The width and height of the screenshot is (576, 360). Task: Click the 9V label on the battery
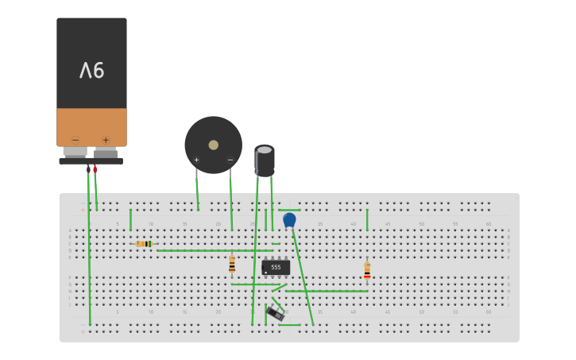91,71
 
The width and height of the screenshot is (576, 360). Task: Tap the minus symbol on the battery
75,140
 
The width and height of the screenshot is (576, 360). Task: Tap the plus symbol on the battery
106,140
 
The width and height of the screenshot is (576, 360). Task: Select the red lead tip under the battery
95,168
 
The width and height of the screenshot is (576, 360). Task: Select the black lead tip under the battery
88,168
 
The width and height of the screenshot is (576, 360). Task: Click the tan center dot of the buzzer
213,145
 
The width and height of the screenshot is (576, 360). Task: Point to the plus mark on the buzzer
196,160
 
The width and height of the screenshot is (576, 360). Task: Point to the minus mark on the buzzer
230,160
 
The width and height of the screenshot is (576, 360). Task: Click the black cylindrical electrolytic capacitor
265,160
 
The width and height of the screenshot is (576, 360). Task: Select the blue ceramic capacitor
289,219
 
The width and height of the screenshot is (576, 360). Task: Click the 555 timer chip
276,267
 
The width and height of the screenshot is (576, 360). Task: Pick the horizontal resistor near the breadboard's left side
144,244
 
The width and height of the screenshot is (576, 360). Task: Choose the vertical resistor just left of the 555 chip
232,264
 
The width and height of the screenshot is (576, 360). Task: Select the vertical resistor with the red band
367,270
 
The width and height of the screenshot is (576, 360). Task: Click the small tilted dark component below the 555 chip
275,312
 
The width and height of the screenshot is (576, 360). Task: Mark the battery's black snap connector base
91,161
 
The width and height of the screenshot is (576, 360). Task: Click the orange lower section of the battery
91,127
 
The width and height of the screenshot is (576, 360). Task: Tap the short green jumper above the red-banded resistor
367,219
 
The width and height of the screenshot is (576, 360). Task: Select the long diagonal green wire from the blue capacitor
303,274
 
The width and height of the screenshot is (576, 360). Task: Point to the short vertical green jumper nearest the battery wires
130,219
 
